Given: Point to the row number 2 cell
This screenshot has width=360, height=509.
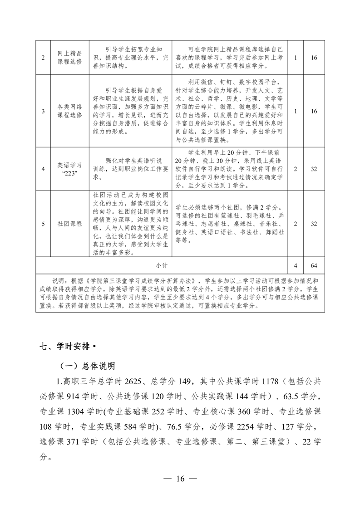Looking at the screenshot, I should tap(43, 58).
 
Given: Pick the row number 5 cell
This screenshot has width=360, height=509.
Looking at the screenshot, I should tap(43, 224).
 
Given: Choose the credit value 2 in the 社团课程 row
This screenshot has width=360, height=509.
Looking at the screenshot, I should tap(296, 224).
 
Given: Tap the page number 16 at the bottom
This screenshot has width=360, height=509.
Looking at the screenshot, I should tap(180, 479).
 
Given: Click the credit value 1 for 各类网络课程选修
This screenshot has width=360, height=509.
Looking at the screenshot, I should tap(296, 111).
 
